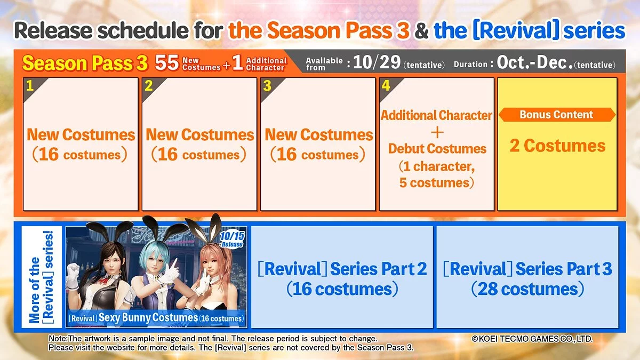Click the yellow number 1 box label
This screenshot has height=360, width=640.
[30, 85]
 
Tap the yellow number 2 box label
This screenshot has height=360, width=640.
[149, 85]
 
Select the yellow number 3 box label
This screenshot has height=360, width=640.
[267, 85]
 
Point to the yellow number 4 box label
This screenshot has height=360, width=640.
[386, 85]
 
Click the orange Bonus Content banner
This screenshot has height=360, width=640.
[557, 115]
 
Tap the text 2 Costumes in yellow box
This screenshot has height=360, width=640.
[557, 146]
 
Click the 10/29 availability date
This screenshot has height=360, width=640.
[377, 62]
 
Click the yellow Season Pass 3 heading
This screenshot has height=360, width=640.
[85, 63]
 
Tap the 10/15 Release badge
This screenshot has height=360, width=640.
[231, 239]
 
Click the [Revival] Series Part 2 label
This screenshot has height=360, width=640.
[342, 269]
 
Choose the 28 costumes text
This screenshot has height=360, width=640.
[528, 289]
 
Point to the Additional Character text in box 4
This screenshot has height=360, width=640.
[436, 115]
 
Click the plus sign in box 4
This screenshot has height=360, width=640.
[437, 133]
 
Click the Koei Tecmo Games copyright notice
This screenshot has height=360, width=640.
[532, 339]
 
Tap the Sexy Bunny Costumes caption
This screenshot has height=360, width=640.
[148, 317]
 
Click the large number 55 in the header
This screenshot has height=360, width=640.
[167, 62]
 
